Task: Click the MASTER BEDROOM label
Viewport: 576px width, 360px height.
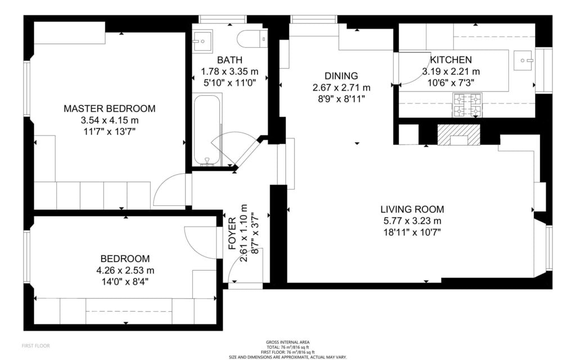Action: tap(109, 109)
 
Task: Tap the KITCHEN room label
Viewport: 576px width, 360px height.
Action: tap(451, 60)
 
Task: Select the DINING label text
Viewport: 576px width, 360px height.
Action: tap(341, 76)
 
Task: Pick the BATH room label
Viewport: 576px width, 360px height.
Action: tap(229, 60)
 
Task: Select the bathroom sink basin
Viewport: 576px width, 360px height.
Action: tap(202, 40)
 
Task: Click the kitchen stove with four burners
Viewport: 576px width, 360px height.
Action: tap(468, 105)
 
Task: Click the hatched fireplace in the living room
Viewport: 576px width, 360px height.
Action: tap(459, 135)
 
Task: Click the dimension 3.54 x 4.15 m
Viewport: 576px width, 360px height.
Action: tap(109, 120)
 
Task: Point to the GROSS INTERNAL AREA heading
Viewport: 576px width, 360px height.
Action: tap(287, 342)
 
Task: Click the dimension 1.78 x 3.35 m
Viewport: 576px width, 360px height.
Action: tap(229, 71)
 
